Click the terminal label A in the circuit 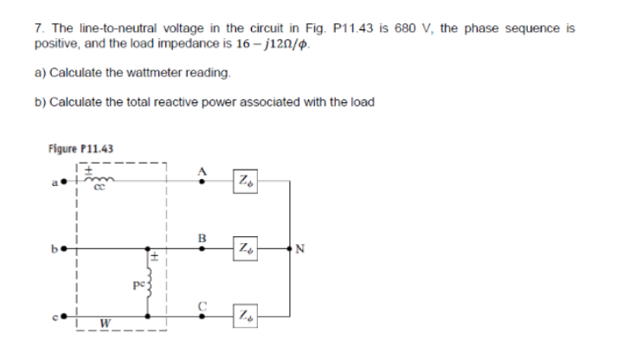pyautogui.click(x=203, y=171)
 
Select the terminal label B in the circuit pyautogui.click(x=203, y=234)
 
